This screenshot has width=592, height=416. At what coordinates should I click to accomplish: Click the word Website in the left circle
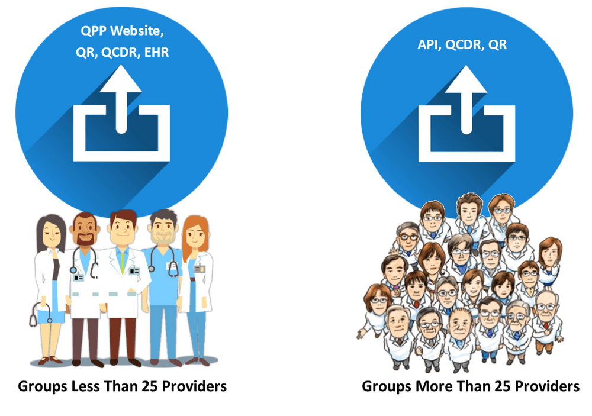137,31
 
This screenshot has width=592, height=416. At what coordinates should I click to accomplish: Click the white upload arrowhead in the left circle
121,79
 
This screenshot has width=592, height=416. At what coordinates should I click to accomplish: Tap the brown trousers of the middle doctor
121,337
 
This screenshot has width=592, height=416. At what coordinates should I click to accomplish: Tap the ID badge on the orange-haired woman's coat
200,269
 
